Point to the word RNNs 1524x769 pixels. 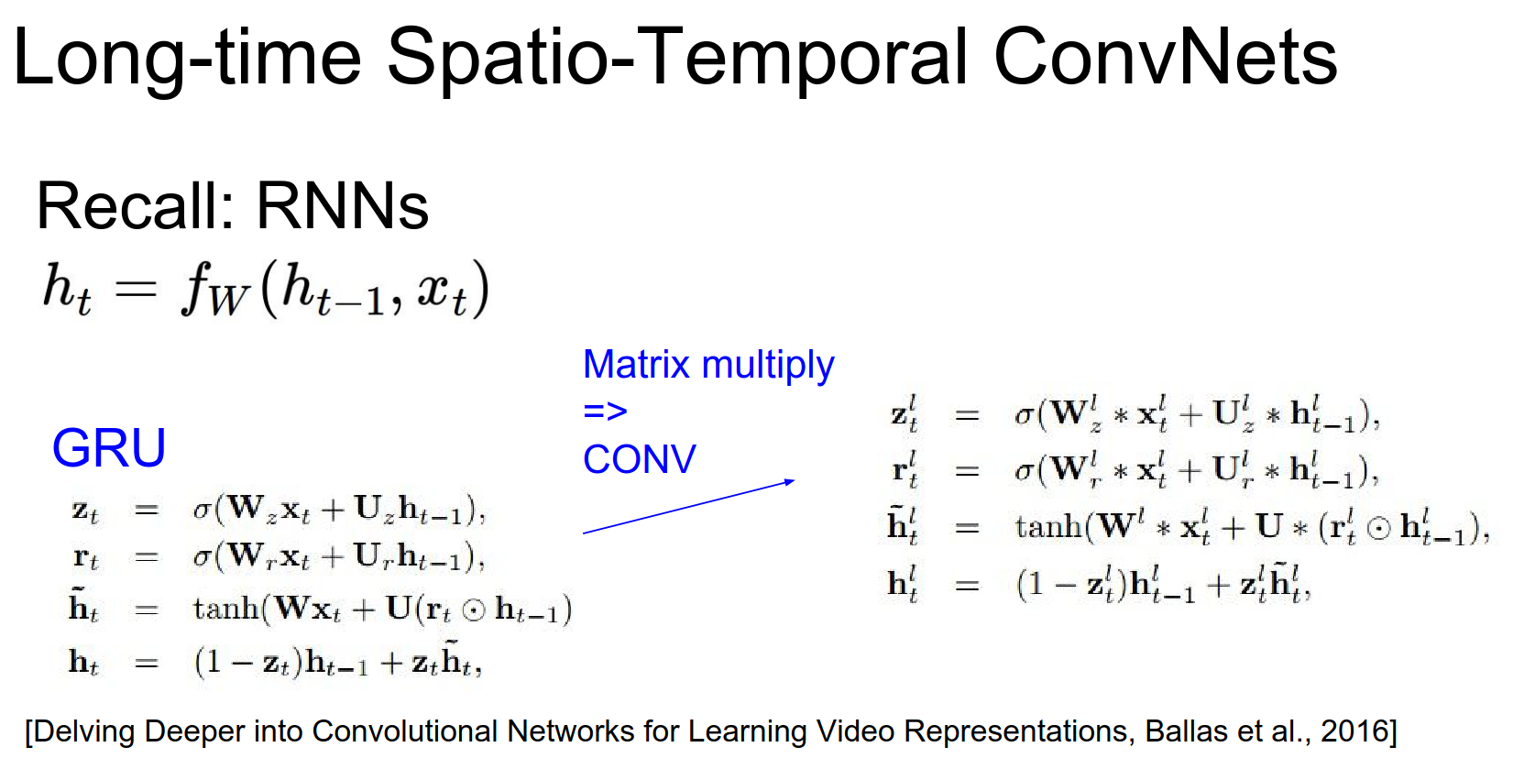pyautogui.click(x=342, y=205)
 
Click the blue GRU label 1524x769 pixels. pyautogui.click(x=109, y=448)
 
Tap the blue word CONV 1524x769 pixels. pyautogui.click(x=640, y=458)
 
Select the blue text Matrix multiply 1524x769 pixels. pyautogui.click(x=708, y=366)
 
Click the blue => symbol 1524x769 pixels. pyautogui.click(x=606, y=411)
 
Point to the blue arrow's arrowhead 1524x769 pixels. pyautogui.click(x=790, y=482)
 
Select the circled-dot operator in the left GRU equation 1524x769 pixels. pyautogui.click(x=474, y=610)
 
